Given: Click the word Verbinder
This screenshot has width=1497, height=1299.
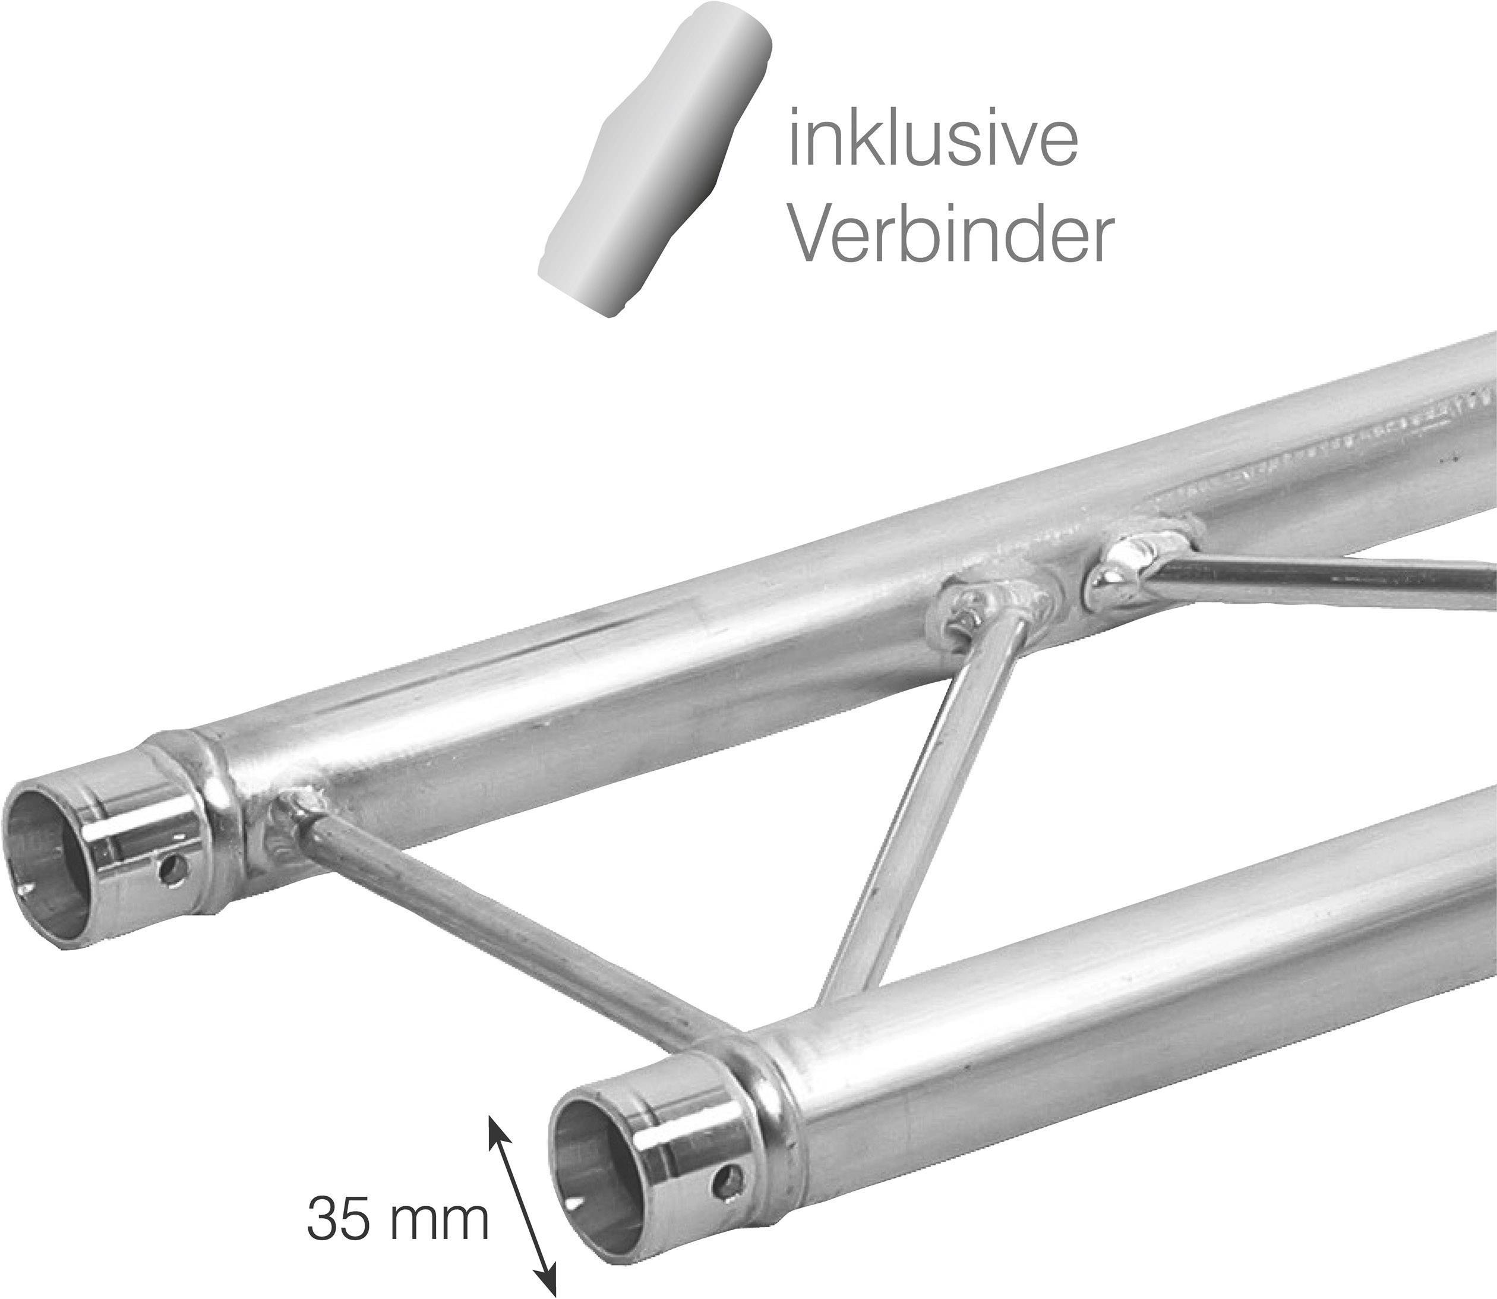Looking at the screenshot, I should [949, 234].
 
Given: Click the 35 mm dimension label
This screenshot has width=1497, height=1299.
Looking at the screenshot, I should [398, 1219].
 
